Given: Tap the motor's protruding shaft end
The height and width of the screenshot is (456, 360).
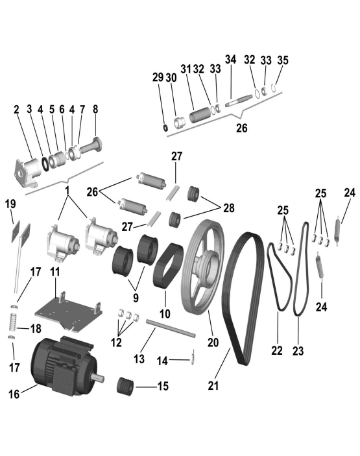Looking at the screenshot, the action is point(98,378).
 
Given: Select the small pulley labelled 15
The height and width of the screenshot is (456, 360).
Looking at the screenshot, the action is point(125,386).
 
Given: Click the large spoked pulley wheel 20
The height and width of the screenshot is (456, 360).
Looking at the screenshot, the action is point(202,267).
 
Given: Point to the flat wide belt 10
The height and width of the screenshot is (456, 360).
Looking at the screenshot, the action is point(169,265).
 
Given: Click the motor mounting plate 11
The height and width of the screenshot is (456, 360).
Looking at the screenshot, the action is point(69,312).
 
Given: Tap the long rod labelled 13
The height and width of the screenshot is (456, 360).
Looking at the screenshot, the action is point(171,328).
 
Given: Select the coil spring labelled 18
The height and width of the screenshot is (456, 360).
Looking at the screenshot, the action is point(12,322).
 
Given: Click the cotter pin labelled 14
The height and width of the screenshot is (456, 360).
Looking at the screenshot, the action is point(194,357).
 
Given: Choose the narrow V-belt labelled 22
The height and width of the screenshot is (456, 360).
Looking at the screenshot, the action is point(280,276).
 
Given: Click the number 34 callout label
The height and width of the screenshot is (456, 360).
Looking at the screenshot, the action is point(231,59).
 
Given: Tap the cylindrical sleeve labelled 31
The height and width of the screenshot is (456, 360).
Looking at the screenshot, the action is point(200,115).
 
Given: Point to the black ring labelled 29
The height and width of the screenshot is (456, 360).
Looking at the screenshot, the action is point(165,127).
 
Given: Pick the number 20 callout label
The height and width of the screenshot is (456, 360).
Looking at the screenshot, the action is point(213,342).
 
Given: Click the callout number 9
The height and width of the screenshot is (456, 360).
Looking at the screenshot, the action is point(136,298).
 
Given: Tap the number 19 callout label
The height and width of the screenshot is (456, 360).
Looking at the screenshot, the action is point(10,204).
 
